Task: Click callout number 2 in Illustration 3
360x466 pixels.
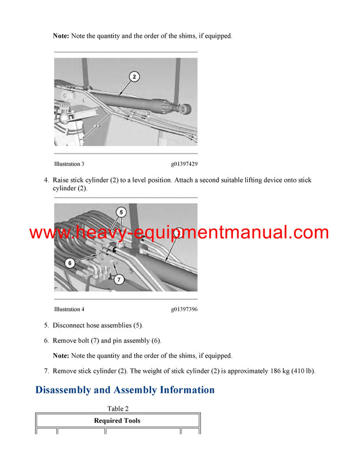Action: point(134,76)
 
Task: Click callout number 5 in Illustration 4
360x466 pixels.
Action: point(121,212)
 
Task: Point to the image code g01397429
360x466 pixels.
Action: point(184,164)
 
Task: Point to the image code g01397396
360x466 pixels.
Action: point(184,309)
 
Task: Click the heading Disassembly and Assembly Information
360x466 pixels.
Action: point(125,390)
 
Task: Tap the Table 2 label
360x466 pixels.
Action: point(118,409)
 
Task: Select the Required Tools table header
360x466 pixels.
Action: point(117,421)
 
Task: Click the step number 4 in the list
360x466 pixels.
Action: point(46,180)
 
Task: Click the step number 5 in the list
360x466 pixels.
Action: point(46,325)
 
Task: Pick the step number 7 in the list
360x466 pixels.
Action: point(46,371)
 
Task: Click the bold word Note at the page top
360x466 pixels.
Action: point(61,36)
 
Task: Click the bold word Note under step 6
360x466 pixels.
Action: point(61,356)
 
